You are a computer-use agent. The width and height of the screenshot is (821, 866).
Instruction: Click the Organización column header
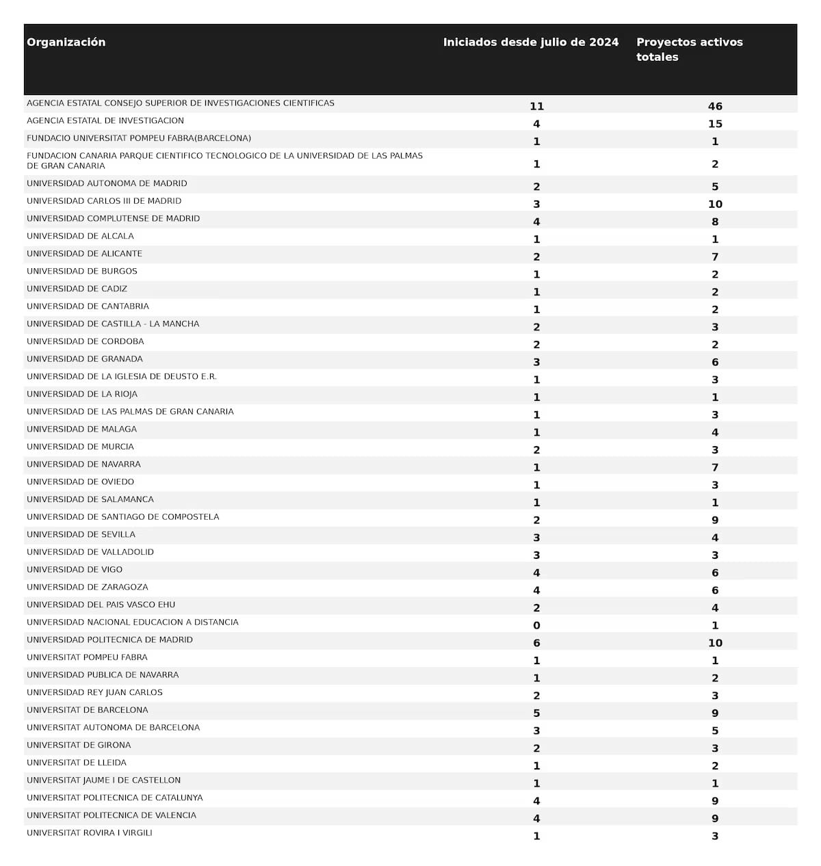click(x=66, y=42)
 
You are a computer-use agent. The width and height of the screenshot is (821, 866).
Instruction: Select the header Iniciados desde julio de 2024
click(x=530, y=42)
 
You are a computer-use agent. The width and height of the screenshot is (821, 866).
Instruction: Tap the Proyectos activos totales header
click(x=689, y=49)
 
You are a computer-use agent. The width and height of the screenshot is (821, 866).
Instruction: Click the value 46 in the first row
click(x=715, y=106)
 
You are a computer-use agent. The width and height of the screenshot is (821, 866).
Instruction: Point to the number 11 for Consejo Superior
click(x=536, y=106)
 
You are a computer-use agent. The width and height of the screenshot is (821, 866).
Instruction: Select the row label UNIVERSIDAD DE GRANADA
click(x=85, y=359)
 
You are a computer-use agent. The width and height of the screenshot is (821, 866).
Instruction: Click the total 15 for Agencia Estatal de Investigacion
click(x=715, y=124)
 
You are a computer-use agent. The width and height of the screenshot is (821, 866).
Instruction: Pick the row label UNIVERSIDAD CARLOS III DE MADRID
click(x=104, y=201)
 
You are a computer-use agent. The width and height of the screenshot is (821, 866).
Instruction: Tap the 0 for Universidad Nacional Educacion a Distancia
click(x=536, y=625)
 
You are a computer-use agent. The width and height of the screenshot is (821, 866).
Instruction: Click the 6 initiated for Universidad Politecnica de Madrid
click(x=536, y=643)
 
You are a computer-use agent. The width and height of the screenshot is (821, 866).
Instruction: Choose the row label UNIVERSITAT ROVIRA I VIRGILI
click(x=90, y=833)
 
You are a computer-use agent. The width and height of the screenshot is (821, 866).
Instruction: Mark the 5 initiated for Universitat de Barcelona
click(x=536, y=713)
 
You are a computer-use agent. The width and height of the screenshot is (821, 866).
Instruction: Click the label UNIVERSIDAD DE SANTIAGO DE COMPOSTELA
click(x=123, y=517)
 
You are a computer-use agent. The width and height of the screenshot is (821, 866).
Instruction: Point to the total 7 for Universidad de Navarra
click(x=715, y=467)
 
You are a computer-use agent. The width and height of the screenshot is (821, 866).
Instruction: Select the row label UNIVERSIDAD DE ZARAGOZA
click(x=88, y=587)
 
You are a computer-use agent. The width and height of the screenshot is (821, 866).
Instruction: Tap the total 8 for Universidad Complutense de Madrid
click(x=715, y=222)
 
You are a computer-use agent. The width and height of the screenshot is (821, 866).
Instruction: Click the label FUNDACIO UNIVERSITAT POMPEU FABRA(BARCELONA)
click(x=139, y=138)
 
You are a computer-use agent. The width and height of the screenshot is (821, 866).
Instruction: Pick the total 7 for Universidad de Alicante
click(x=715, y=257)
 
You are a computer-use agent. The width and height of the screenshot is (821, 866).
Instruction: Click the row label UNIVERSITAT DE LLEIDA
click(x=77, y=763)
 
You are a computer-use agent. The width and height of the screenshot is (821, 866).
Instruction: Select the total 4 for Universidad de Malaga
click(x=715, y=432)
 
